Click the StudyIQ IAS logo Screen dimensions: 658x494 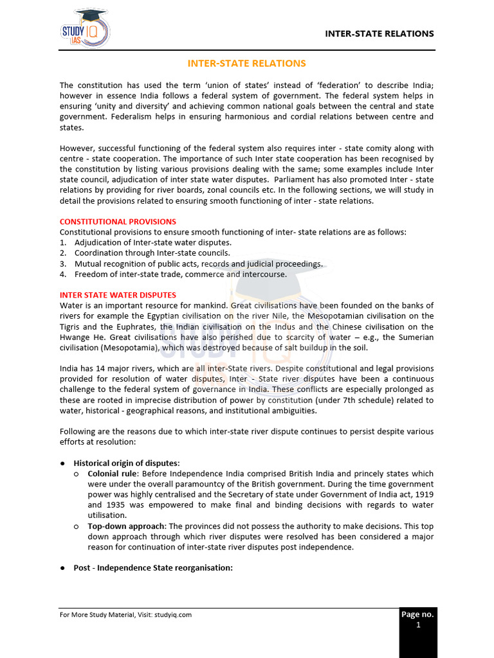pos(84,29)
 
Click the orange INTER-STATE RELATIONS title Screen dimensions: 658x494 pos(246,63)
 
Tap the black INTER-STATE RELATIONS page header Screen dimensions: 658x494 pos(379,33)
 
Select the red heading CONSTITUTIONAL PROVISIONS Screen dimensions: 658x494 pos(118,222)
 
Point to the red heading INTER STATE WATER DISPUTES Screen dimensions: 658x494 pos(118,295)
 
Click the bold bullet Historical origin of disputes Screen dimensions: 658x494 pos(127,463)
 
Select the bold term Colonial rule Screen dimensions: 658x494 pos(112,474)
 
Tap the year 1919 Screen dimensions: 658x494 pos(421,494)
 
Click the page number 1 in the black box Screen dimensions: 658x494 pos(417,625)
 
